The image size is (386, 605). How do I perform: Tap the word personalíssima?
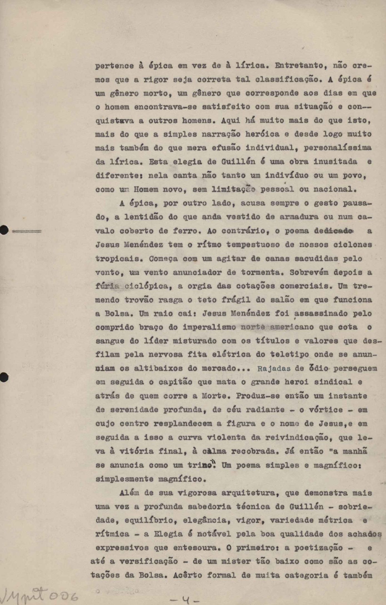click(337, 148)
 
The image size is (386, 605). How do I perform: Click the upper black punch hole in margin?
click(4, 230)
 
